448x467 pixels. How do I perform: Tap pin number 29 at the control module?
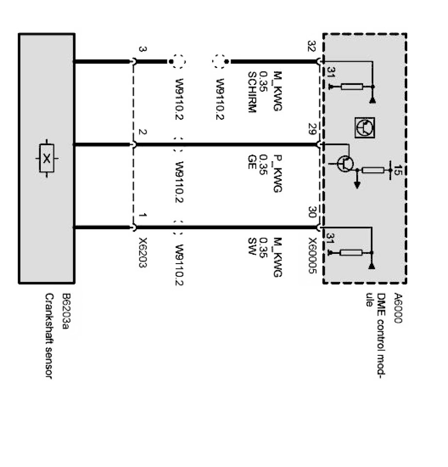point(312,130)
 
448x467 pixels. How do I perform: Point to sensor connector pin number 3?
point(142,50)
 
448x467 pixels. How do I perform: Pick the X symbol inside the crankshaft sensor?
point(46,158)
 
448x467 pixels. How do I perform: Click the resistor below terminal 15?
point(373,170)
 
